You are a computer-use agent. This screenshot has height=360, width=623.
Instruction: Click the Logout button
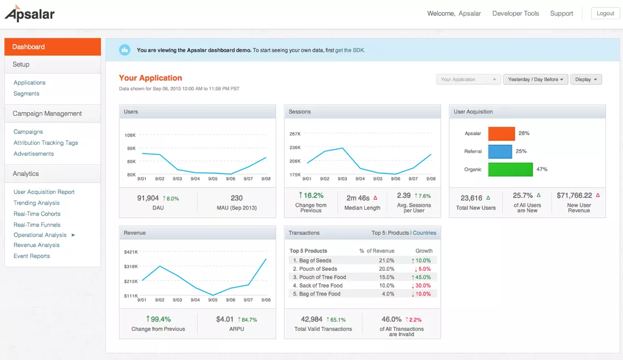coord(605,13)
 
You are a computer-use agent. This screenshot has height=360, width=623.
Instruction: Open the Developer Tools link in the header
coord(516,13)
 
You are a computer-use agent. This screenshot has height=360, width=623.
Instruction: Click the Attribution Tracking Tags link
coord(46,143)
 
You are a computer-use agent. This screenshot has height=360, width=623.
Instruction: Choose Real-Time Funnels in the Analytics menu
coord(37,225)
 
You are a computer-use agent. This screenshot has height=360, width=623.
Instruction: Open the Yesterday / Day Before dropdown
coord(536,80)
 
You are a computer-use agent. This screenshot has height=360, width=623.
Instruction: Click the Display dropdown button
coord(586,80)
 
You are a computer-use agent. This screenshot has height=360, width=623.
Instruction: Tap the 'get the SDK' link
coord(350,50)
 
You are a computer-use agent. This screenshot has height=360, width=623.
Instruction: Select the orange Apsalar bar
coord(501,134)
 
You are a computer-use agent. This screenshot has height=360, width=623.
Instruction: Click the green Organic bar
coord(511,170)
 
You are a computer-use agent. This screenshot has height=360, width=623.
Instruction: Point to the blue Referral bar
coord(500,151)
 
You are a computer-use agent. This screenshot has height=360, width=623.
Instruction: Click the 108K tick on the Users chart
coord(131,135)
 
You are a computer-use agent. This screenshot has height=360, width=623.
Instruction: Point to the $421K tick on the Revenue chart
coord(131,252)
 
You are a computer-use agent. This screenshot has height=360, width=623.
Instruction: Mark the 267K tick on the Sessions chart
coord(295,134)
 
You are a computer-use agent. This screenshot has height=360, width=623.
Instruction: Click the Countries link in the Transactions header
coord(424,233)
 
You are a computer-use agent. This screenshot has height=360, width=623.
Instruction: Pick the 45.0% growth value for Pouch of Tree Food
coord(423,277)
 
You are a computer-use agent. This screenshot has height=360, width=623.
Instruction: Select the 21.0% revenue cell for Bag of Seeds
coord(387,261)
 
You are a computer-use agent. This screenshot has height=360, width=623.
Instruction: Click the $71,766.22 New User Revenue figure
coord(574,195)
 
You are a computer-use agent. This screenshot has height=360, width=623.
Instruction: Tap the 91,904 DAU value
coord(148,198)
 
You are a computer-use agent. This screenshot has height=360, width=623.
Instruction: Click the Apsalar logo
coord(30,14)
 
